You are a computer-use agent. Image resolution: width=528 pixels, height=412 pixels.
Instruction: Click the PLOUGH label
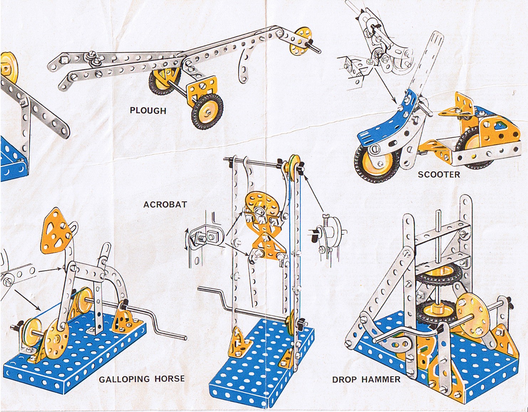click(x=148, y=111)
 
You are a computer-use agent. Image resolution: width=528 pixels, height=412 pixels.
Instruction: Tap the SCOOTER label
click(x=439, y=174)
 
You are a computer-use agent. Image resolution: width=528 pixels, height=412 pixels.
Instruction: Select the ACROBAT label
click(x=165, y=204)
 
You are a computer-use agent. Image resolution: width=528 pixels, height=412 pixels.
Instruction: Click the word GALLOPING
click(x=124, y=379)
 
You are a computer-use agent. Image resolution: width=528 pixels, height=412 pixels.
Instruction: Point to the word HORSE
click(x=169, y=378)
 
